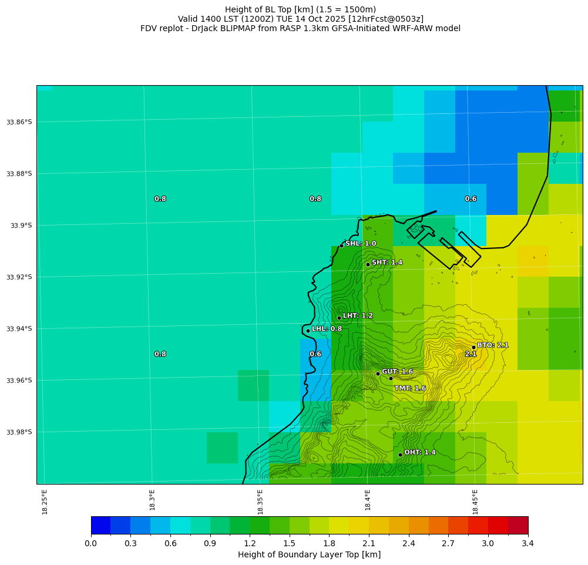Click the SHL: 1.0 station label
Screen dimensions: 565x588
(x=361, y=244)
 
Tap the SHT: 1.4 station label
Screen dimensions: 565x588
(x=387, y=263)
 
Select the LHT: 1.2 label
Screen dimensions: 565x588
(x=358, y=316)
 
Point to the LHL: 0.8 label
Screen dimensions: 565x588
(x=327, y=329)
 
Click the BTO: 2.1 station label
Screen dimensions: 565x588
(x=493, y=345)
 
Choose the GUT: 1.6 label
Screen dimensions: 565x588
(x=397, y=372)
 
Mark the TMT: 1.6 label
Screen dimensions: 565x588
(x=410, y=388)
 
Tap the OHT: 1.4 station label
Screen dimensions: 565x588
(x=420, y=452)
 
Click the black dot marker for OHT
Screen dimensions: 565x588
(x=400, y=455)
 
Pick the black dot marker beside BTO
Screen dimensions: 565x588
(x=473, y=347)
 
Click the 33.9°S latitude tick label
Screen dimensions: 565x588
(x=21, y=226)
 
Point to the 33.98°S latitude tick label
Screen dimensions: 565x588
(x=19, y=432)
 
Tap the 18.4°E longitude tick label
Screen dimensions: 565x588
(x=368, y=500)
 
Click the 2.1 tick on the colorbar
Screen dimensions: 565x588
(x=369, y=544)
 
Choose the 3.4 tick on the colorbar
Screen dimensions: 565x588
(x=527, y=544)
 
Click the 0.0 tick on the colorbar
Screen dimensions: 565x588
(x=91, y=544)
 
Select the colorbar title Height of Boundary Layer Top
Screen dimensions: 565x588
(x=309, y=555)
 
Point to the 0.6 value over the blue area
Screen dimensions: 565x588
(x=471, y=199)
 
